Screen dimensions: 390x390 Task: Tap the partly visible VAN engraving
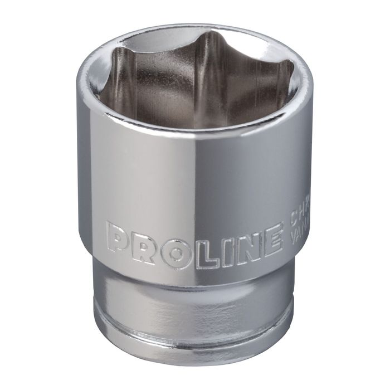300,235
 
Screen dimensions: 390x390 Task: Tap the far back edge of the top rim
195,26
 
